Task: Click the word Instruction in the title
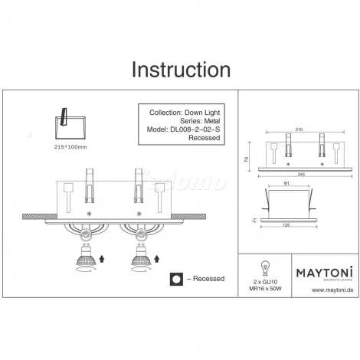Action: click(181, 70)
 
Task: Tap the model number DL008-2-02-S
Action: click(183, 130)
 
